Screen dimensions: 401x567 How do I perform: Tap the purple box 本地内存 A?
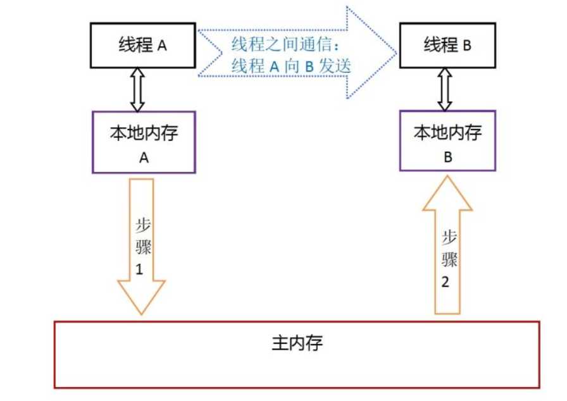pyautogui.click(x=144, y=142)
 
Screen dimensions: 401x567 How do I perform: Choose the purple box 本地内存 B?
pyautogui.click(x=448, y=140)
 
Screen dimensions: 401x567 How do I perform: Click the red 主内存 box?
pyautogui.click(x=297, y=354)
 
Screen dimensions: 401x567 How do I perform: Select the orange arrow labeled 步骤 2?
pyautogui.click(x=447, y=253)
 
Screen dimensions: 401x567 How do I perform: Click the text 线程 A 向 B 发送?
pyautogui.click(x=290, y=66)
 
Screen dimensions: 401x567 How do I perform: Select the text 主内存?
pyautogui.click(x=297, y=343)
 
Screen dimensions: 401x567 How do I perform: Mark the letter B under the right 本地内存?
pyautogui.click(x=447, y=157)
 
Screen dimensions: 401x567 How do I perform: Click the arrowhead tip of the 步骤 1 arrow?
pyautogui.click(x=142, y=313)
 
